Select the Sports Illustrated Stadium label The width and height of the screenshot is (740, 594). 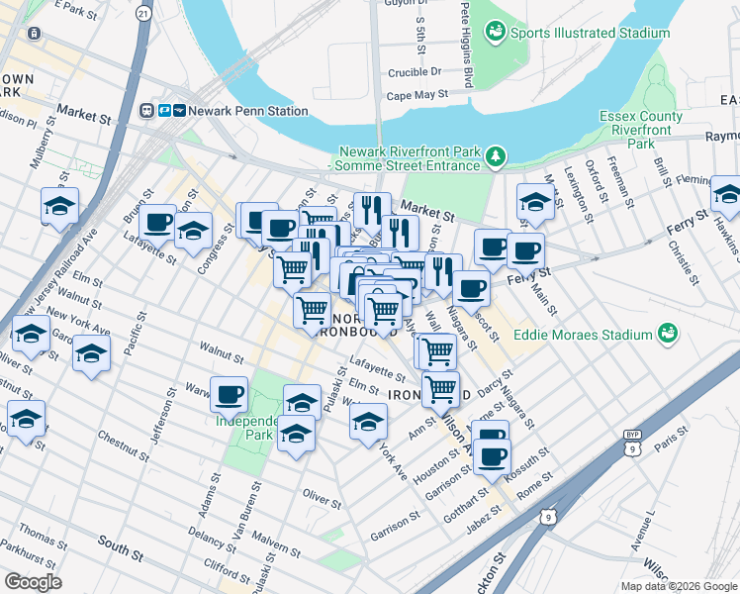590,33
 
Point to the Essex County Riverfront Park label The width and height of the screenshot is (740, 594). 641,130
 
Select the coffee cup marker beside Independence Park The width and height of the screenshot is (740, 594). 230,394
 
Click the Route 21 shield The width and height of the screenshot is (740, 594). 145,13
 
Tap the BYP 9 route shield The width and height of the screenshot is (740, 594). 633,442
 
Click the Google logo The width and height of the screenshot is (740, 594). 33,582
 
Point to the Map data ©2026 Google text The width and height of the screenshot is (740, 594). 679,586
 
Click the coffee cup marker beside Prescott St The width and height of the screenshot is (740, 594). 471,288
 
